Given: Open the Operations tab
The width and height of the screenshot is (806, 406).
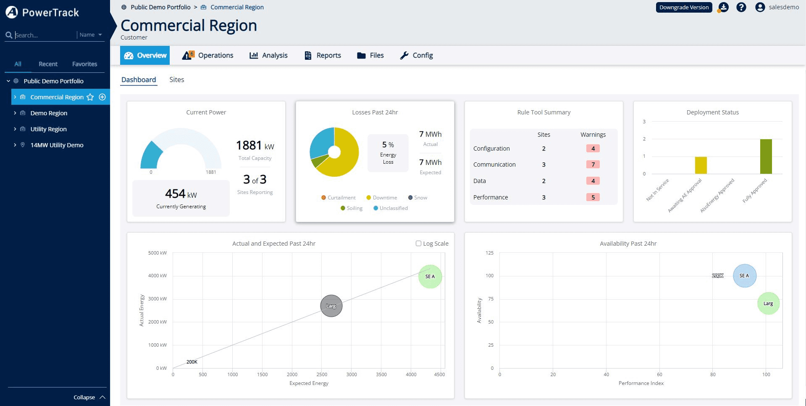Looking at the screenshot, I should [x=208, y=55].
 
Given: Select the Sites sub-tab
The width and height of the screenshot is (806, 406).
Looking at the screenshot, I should [x=176, y=80].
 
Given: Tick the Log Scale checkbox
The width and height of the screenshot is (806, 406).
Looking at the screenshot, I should [x=418, y=243].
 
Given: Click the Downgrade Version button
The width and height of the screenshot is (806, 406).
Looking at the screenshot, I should [x=684, y=7].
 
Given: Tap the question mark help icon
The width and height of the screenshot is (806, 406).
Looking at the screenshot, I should [x=741, y=7].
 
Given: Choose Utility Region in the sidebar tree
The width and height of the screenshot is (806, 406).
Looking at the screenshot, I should [x=48, y=129].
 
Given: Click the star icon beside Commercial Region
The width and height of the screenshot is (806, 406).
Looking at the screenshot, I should [x=90, y=97].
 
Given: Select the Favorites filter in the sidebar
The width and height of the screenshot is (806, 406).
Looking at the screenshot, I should [x=84, y=64].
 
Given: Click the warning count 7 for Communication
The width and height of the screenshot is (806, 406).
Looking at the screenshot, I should [x=593, y=165].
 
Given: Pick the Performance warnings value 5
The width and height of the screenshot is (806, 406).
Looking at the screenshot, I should [x=593, y=197].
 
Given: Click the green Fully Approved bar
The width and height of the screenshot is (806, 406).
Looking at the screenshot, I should [x=766, y=156].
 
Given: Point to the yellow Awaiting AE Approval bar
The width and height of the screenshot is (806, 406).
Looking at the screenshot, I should [x=701, y=165].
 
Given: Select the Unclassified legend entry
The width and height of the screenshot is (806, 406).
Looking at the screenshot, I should [x=393, y=208].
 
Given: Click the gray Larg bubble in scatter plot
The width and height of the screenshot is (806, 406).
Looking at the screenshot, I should [x=331, y=306].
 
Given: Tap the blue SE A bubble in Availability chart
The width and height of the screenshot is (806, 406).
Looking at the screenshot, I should [x=744, y=276].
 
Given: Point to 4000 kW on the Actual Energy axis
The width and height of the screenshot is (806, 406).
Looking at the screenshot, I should [x=158, y=276].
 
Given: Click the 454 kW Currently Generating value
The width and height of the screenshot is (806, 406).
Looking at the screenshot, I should [x=181, y=194].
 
